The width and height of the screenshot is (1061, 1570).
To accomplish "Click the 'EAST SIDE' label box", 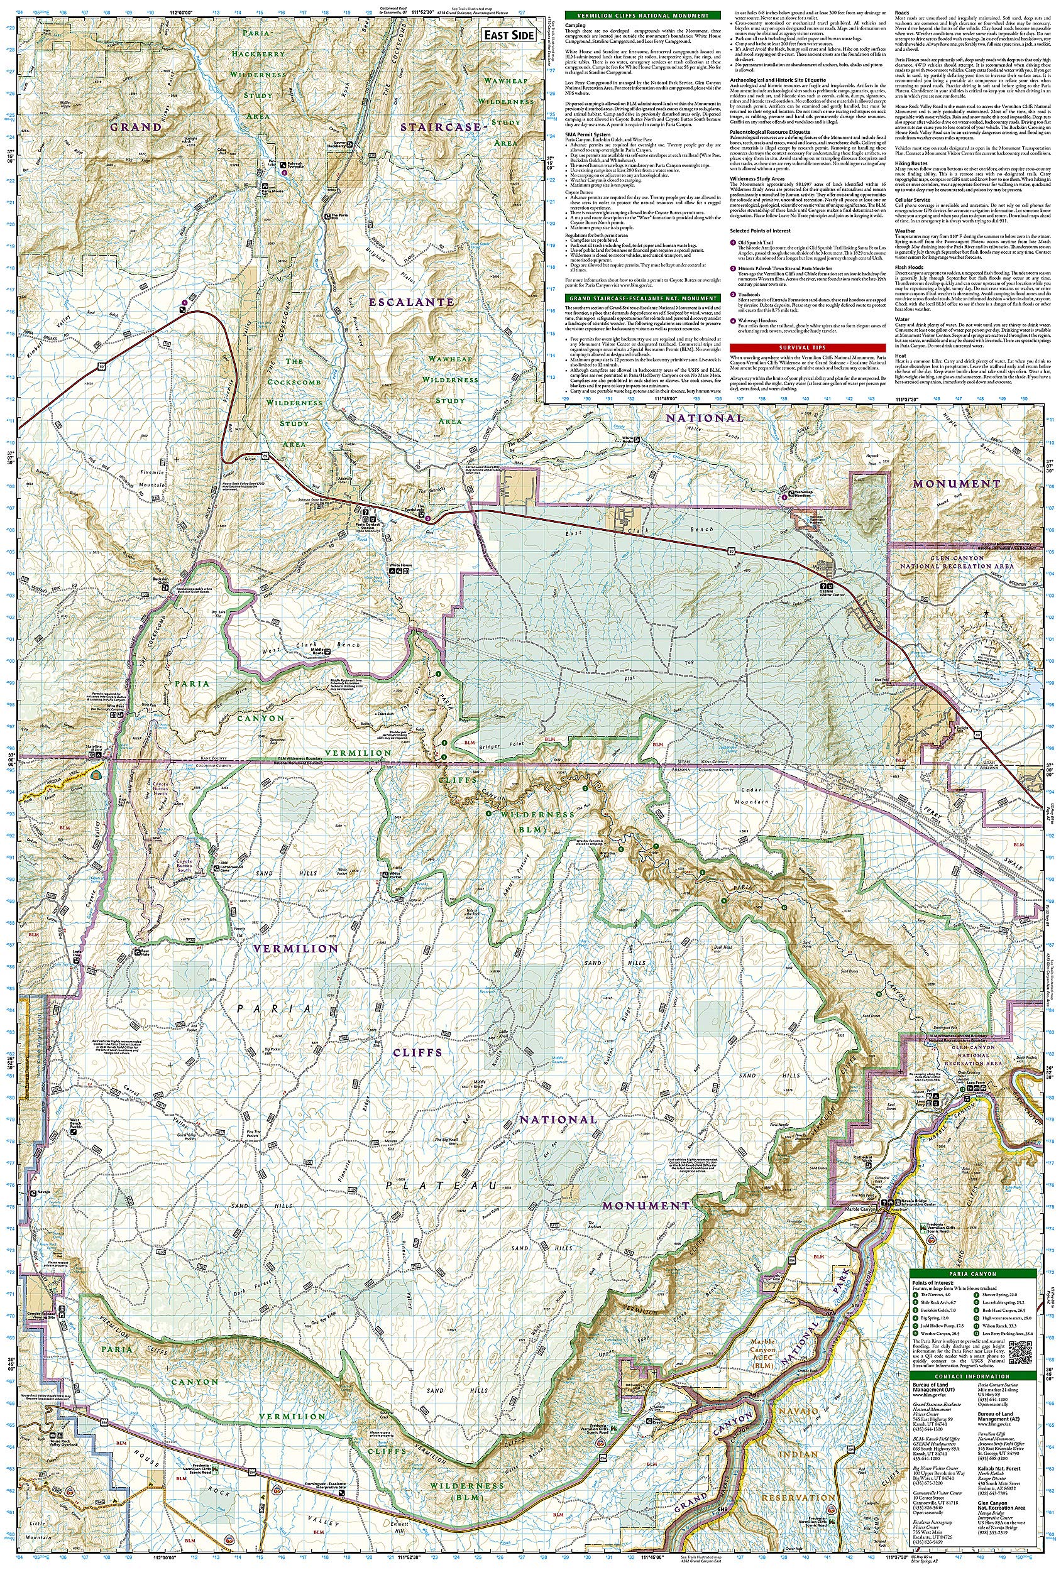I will [x=510, y=36].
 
